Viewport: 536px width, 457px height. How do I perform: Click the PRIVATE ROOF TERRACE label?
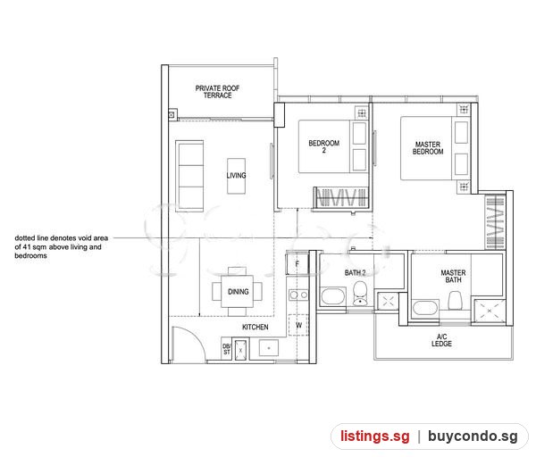[x=217, y=92]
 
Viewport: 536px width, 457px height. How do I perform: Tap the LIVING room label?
[x=236, y=175]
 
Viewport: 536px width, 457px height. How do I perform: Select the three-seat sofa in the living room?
[x=189, y=176]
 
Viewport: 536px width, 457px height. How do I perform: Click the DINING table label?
[x=238, y=292]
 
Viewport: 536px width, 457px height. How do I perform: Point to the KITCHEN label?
[x=255, y=328]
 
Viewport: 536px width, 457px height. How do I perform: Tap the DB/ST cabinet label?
[x=227, y=349]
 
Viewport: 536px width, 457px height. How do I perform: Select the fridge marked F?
[x=297, y=263]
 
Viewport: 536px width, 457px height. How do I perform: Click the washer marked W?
[x=298, y=325]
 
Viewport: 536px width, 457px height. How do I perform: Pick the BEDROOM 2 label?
[x=323, y=146]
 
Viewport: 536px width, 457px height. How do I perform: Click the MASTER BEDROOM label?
[x=428, y=148]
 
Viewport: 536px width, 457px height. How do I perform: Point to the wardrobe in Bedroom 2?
[x=341, y=197]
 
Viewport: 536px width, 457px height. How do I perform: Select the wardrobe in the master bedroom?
[x=495, y=221]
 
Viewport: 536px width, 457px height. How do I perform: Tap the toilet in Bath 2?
[x=360, y=294]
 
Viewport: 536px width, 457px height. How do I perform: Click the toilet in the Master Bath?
[x=455, y=300]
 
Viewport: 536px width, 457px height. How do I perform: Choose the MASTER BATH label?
[x=453, y=277]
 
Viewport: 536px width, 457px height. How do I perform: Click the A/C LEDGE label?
[x=441, y=340]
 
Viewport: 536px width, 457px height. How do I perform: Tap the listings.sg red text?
[x=374, y=436]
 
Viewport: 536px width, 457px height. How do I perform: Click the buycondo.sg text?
[x=473, y=436]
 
